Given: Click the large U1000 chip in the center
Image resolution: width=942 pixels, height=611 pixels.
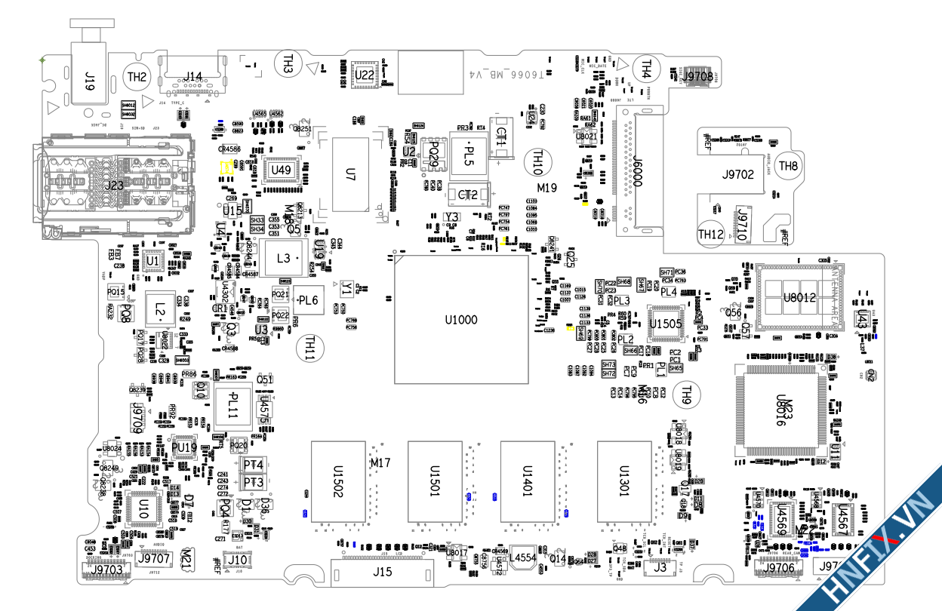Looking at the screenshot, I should [x=461, y=320].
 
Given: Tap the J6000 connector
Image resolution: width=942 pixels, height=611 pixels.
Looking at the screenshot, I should [x=636, y=172].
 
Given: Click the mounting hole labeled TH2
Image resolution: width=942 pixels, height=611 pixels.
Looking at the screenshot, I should [x=137, y=76].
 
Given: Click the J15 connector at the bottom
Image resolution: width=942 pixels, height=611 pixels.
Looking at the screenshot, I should [x=383, y=573].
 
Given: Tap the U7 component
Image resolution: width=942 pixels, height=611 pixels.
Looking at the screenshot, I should [x=349, y=175].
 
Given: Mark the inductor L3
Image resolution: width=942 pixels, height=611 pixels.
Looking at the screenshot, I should [x=283, y=259].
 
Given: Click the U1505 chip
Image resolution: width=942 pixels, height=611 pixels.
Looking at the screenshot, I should [x=666, y=323].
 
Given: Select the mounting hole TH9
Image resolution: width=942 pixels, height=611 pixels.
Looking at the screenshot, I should [x=686, y=392].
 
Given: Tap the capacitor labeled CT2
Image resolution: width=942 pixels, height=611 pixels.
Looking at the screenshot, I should [x=468, y=195].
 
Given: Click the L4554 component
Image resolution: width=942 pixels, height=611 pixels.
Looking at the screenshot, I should [x=522, y=557].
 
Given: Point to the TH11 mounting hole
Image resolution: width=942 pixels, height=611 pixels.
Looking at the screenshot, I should [x=309, y=348].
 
